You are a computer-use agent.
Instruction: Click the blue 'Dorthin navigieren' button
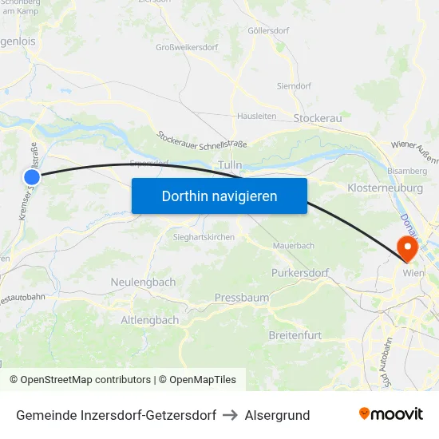(219, 196)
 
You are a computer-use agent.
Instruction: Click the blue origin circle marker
(32, 177)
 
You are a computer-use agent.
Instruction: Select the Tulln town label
(230, 165)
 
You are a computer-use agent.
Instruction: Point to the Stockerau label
(318, 118)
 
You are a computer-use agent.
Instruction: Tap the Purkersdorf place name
(300, 273)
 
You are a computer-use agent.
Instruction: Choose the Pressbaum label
(241, 298)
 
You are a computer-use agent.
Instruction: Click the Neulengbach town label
(143, 283)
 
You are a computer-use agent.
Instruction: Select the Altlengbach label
(149, 320)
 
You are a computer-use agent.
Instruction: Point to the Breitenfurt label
(295, 335)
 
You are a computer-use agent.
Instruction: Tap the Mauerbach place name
(294, 246)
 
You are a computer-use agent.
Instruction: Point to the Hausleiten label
(256, 116)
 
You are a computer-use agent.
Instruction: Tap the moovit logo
(391, 414)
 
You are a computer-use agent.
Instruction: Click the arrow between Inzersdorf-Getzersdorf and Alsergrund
(231, 415)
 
